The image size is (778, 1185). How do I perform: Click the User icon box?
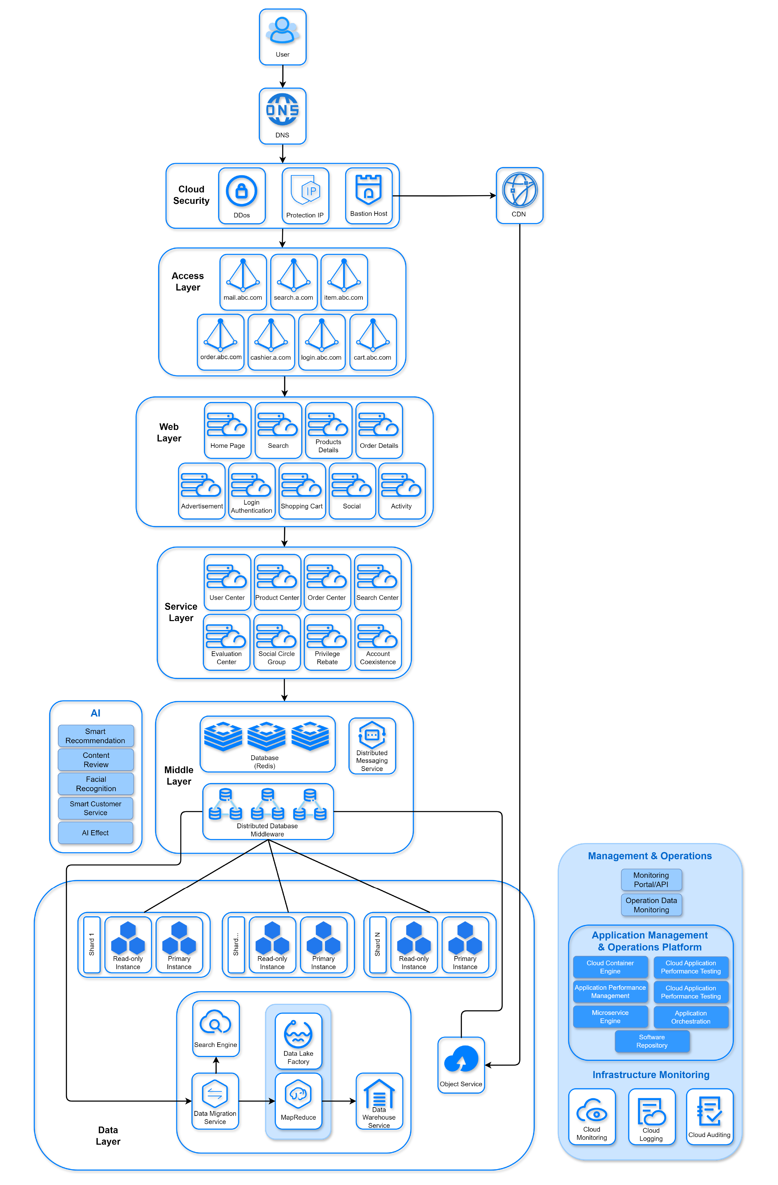coord(282,37)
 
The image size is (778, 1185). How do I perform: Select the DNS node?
coord(282,116)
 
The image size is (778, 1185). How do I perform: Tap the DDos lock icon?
coord(241,191)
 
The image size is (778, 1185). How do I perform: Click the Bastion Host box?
coord(369,196)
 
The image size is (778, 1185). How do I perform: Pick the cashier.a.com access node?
coord(271,342)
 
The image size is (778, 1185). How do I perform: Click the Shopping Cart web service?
coord(302,491)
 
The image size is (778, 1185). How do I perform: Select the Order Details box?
coord(379,430)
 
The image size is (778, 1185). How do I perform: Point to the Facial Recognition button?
coord(96,784)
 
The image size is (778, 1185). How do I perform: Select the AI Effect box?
coord(96,833)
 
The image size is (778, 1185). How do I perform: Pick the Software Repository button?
coord(652,1041)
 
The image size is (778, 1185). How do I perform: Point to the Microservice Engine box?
coord(610,1017)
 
